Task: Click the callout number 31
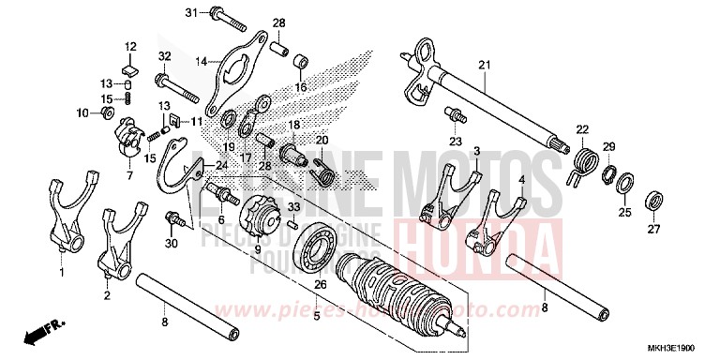[x=190, y=12]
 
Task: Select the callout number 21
[x=484, y=65]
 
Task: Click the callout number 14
[x=200, y=62]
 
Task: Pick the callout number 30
[x=170, y=244]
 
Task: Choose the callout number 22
[x=581, y=129]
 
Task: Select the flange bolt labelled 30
[x=172, y=219]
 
